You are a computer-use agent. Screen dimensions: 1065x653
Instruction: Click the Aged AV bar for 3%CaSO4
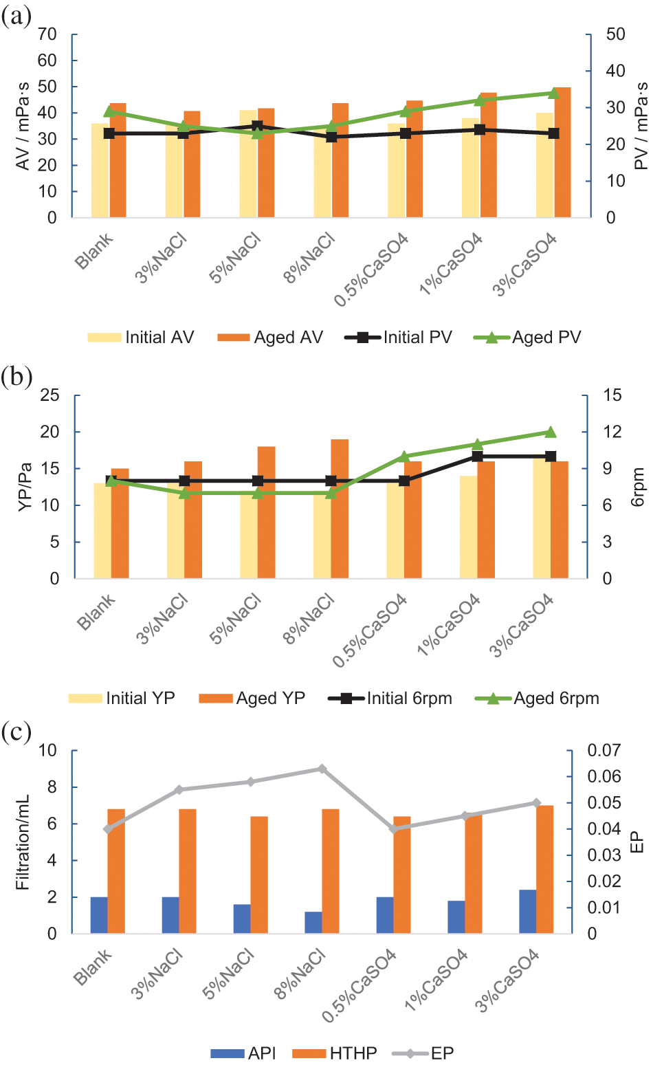point(562,153)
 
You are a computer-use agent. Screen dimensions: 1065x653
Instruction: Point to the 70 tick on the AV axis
point(47,34)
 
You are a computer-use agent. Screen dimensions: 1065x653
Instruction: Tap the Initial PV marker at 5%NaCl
point(257,126)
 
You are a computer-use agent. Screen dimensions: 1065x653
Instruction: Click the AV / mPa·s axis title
point(23,126)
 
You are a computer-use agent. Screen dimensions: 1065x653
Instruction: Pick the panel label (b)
point(16,377)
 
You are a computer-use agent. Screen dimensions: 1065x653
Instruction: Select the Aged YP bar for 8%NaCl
point(340,509)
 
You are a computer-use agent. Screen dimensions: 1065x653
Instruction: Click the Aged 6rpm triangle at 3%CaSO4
point(550,432)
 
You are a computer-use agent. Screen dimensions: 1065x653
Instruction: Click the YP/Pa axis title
point(25,487)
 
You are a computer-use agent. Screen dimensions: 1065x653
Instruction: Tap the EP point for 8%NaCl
point(321,769)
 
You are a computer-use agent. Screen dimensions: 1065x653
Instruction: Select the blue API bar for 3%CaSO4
point(527,912)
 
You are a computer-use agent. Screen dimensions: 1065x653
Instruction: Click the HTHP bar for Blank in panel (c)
point(116,871)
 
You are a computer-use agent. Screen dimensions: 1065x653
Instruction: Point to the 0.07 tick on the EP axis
point(604,750)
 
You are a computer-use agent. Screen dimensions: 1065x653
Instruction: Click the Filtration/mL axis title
point(23,842)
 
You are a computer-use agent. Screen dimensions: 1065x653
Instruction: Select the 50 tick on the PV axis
point(615,34)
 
